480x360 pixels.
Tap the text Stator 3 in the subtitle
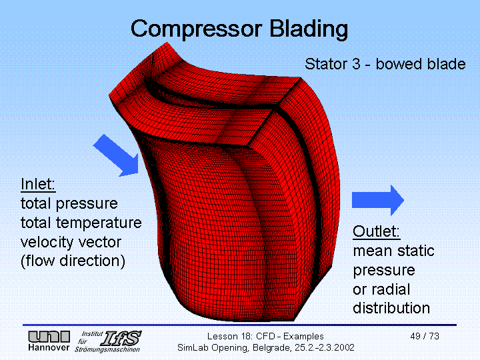tap(331, 65)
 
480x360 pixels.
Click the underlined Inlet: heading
tap(38, 184)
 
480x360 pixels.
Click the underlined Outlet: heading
tap(377, 232)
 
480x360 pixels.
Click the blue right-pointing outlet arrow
tap(377, 199)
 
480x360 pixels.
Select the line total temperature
tap(81, 223)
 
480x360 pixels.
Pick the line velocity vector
tap(70, 241)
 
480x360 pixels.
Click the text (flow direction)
tap(73, 261)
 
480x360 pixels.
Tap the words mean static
tap(393, 251)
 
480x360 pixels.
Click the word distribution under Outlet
tap(391, 308)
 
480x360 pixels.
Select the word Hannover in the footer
tap(49, 348)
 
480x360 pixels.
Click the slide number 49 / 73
tap(425, 336)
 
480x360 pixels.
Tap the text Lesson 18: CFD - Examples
tap(265, 336)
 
